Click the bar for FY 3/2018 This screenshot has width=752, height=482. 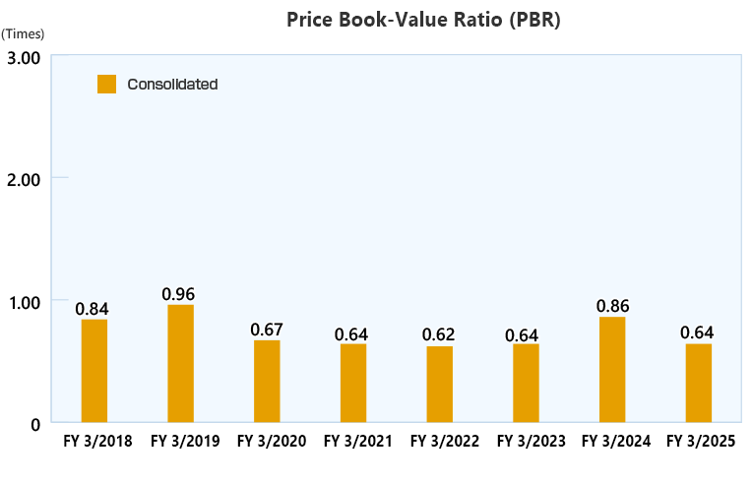(x=94, y=371)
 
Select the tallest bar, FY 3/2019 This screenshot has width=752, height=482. (x=181, y=364)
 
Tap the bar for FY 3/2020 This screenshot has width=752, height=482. (x=267, y=382)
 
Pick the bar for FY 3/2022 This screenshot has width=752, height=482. (x=440, y=385)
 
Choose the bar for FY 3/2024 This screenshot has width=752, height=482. (x=612, y=370)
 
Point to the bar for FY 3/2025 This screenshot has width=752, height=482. (x=699, y=384)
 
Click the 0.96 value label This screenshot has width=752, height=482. (x=179, y=294)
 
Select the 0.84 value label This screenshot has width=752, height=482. (x=93, y=309)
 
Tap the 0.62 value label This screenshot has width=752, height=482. (x=439, y=334)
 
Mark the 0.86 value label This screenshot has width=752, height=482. (x=612, y=306)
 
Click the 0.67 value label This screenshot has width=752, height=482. (x=267, y=330)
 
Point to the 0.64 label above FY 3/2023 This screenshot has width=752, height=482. (x=525, y=333)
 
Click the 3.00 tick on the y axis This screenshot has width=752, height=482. (x=24, y=57)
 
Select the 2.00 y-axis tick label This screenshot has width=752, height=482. (x=24, y=179)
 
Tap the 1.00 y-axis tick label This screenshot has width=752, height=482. (x=24, y=301)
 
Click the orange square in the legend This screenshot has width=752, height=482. (x=107, y=85)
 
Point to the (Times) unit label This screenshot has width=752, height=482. (x=24, y=33)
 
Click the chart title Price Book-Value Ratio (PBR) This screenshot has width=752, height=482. (x=424, y=20)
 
